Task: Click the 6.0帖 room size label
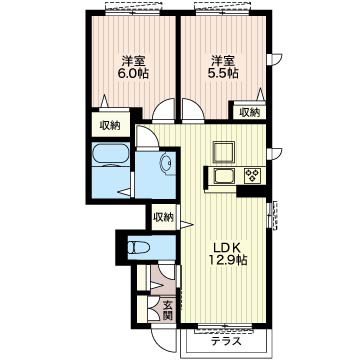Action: point(133,73)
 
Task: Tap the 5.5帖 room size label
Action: point(223,73)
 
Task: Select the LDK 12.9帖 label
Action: point(227,253)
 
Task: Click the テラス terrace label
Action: point(227,341)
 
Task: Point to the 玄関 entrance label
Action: point(168,310)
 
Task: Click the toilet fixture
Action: point(140,247)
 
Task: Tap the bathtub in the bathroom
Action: point(110,154)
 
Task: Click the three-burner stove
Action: point(253,175)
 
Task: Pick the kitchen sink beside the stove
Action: point(224,176)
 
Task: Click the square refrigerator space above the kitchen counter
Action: point(224,152)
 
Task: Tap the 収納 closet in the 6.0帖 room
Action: point(111,125)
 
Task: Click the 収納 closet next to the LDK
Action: point(163,217)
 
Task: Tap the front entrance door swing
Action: point(163,340)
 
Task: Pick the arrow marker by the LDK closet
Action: point(187,224)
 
